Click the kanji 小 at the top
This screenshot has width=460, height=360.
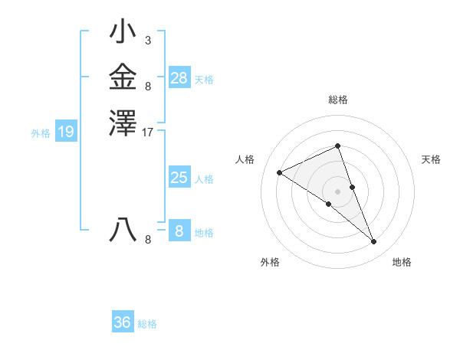123,32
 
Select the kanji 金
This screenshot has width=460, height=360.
123,77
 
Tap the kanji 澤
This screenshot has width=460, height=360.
123,123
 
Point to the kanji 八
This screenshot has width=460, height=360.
123,230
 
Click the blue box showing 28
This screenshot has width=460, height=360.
179,77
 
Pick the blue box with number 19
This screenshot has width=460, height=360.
66,133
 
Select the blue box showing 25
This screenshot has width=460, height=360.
179,178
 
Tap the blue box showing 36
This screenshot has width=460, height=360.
123,322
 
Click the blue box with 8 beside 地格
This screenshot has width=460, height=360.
179,231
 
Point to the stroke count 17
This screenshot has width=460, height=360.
149,132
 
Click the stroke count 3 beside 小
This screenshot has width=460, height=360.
147,40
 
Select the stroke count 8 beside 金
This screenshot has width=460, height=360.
147,87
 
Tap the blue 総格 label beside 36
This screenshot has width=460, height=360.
147,324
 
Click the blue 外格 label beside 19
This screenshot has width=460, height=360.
41,133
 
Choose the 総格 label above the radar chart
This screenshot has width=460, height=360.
337,100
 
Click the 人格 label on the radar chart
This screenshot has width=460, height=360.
245,159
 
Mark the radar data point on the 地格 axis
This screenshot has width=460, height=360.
374,242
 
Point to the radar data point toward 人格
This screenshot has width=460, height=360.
280,172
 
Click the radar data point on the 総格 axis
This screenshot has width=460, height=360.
337,146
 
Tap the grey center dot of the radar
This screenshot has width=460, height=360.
337,191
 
